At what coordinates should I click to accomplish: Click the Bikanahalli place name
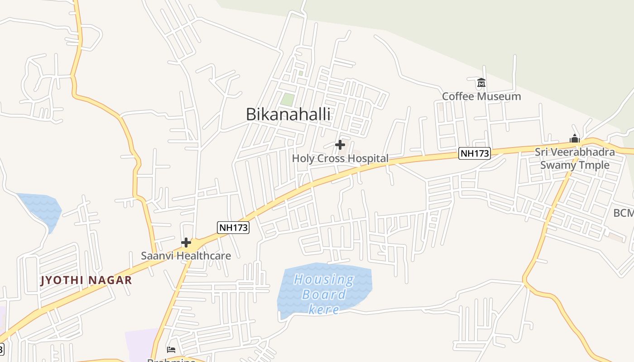pyautogui.click(x=288, y=114)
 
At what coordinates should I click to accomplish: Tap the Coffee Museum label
pyautogui.click(x=481, y=96)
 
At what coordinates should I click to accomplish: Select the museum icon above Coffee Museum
pyautogui.click(x=481, y=83)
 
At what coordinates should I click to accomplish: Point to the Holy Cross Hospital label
pyautogui.click(x=340, y=158)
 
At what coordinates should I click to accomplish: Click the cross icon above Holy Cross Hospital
pyautogui.click(x=340, y=145)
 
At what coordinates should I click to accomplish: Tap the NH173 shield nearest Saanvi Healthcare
pyautogui.click(x=233, y=227)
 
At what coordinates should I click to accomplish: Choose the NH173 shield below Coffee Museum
pyautogui.click(x=475, y=153)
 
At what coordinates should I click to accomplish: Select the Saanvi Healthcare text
pyautogui.click(x=186, y=256)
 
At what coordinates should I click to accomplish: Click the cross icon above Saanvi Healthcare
pyautogui.click(x=186, y=243)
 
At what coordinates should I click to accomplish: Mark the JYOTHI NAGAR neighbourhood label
pyautogui.click(x=86, y=280)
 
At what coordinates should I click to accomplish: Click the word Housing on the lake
pyautogui.click(x=324, y=279)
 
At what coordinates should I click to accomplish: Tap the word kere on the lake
pyautogui.click(x=324, y=310)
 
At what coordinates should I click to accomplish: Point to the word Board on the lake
pyautogui.click(x=324, y=295)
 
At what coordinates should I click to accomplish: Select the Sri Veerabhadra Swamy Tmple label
pyautogui.click(x=575, y=158)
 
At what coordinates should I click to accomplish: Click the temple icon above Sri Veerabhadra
pyautogui.click(x=575, y=138)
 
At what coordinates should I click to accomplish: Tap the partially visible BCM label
pyautogui.click(x=623, y=213)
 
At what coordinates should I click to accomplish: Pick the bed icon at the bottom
pyautogui.click(x=171, y=349)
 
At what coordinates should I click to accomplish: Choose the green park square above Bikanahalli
pyautogui.click(x=287, y=99)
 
